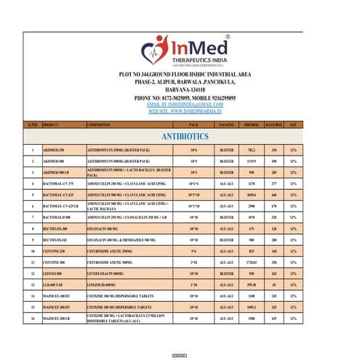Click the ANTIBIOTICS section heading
point(180,137)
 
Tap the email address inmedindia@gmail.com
point(180,105)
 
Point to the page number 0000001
point(180,356)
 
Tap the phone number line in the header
point(180,97)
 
